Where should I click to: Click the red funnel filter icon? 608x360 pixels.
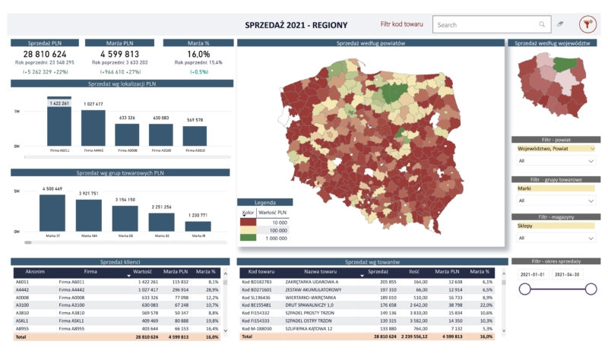[x=587, y=24]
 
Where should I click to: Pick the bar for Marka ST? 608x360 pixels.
[x=52, y=213]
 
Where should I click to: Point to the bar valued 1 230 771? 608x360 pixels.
[x=198, y=226]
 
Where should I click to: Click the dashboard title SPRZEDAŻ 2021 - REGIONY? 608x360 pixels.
[x=296, y=25]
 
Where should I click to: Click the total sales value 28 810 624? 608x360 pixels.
[x=45, y=54]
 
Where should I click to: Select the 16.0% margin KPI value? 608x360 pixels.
[x=198, y=54]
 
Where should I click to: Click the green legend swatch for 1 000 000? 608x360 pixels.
[x=247, y=238]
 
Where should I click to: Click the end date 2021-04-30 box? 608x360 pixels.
[x=568, y=274]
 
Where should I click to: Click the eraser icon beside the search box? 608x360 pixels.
[x=561, y=24]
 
